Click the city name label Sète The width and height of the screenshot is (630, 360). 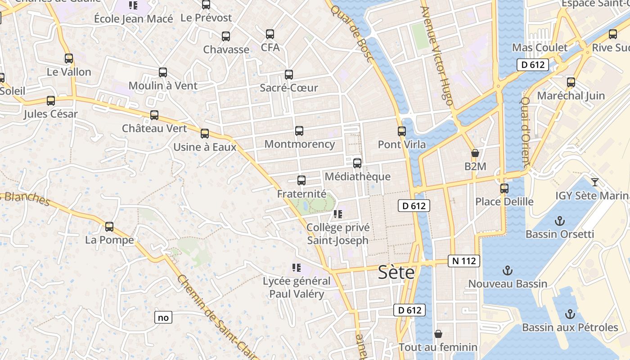click(396, 272)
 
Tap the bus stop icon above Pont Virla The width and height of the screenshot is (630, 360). click(402, 131)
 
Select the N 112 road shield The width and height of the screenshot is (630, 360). click(464, 261)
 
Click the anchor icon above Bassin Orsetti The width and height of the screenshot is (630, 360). click(560, 221)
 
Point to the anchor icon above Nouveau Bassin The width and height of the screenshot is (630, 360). click(508, 270)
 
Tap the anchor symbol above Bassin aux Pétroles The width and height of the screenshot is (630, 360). click(570, 314)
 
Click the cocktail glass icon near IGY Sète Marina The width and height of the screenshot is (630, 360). click(595, 182)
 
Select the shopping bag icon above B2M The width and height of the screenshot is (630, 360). click(475, 153)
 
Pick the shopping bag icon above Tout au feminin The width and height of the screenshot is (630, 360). click(438, 334)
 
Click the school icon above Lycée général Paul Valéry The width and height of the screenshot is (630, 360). click(296, 268)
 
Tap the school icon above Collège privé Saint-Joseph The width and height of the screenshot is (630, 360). click(338, 214)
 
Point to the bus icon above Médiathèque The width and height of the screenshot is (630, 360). click(357, 163)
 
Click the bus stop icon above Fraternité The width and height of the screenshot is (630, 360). click(301, 180)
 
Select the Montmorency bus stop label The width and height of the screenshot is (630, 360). click(300, 144)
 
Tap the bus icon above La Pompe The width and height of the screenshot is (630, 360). click(109, 227)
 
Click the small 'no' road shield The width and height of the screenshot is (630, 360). click(163, 317)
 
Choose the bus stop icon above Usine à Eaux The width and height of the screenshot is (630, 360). click(205, 134)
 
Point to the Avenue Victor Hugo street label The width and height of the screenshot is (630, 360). click(436, 56)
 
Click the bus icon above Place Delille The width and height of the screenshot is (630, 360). click(504, 188)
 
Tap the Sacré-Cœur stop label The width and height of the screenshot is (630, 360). click(289, 88)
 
